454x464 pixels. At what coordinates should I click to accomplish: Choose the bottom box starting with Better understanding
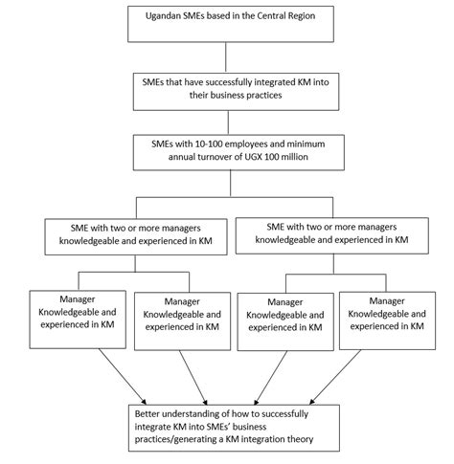click(227, 425)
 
